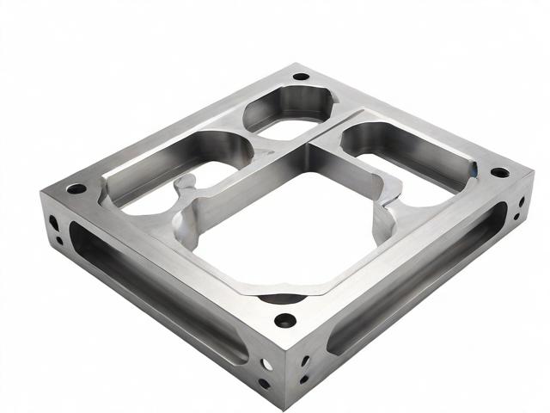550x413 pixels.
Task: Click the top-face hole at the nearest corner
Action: [284, 321]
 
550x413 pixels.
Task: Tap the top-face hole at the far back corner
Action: [300, 76]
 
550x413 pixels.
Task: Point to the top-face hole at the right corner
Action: [499, 173]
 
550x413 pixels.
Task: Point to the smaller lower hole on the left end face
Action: [57, 236]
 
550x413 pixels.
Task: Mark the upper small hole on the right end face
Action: [521, 203]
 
